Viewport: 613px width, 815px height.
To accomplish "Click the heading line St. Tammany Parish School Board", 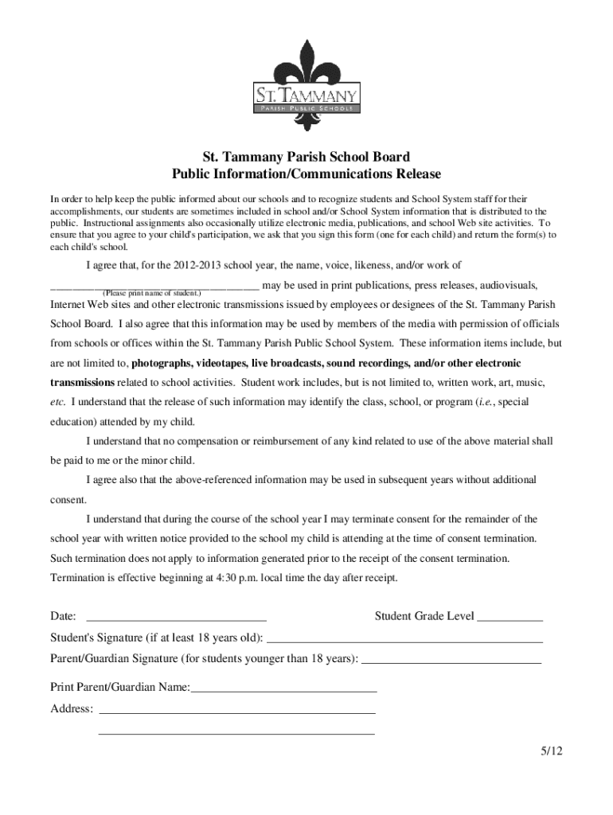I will (x=306, y=157).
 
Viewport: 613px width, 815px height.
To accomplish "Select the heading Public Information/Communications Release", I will (x=306, y=174).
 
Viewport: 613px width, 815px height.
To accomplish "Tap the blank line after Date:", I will (x=175, y=617).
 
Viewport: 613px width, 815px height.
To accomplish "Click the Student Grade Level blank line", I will (x=510, y=617).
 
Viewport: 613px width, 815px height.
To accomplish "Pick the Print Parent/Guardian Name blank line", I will (x=283, y=688).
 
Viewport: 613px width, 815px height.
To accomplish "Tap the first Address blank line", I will (x=236, y=709).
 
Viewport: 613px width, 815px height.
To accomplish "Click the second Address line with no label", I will (x=236, y=731).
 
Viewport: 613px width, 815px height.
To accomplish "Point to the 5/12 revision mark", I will (x=549, y=752).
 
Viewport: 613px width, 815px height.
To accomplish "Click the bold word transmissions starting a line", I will (x=86, y=382).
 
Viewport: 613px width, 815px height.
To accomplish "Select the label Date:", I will (x=64, y=617).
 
